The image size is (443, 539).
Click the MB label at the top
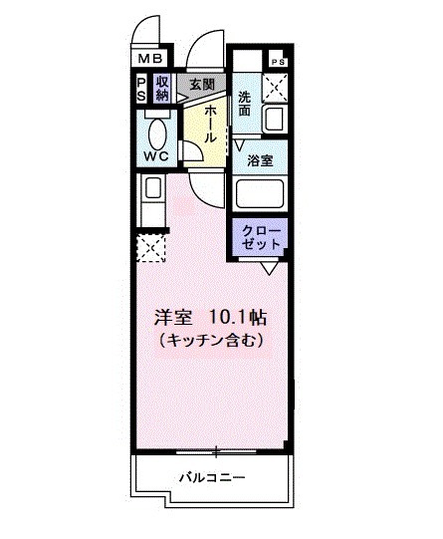click(x=149, y=60)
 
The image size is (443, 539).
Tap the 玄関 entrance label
click(x=203, y=85)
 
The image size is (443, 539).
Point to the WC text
click(x=156, y=157)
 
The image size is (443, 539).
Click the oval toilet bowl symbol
click(x=157, y=132)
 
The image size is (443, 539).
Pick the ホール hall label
click(x=211, y=125)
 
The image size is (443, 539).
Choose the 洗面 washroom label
click(x=245, y=103)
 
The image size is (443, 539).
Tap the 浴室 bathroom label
click(x=260, y=159)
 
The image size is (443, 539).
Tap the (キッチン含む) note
click(x=210, y=341)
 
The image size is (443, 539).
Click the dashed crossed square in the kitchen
click(x=152, y=244)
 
